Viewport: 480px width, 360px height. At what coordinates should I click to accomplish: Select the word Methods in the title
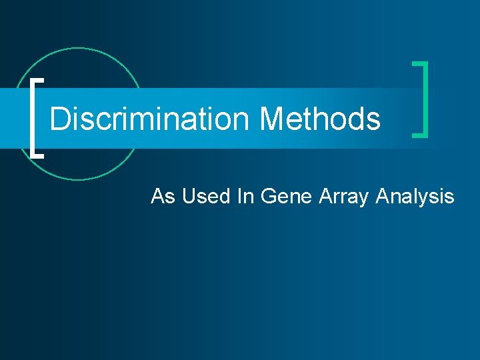pos(320,119)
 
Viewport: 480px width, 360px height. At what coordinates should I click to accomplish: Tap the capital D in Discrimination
pos(59,119)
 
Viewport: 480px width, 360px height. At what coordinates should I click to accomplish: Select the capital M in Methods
pos(272,119)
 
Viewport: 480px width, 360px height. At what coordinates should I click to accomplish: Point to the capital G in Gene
pos(267,197)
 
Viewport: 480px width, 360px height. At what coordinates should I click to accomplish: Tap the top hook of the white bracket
pos(38,79)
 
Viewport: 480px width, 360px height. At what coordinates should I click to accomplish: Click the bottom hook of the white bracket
pos(38,155)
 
